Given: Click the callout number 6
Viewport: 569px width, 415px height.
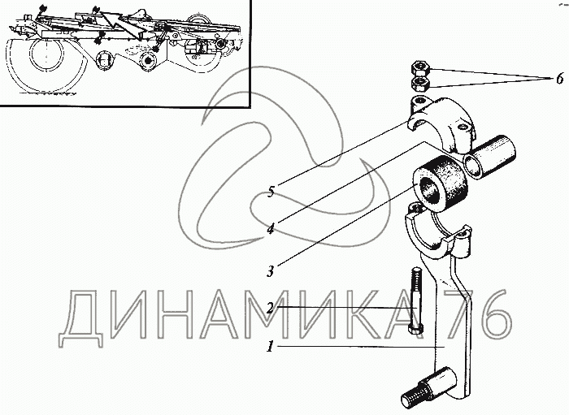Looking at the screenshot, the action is coord(559,78).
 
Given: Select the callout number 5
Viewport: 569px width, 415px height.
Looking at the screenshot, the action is coord(271,191).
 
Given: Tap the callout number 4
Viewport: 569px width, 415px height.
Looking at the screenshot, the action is coord(271,229).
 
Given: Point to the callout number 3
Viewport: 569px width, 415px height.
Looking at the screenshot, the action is coord(271,271).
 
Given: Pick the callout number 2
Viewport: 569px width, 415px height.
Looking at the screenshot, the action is coord(270,308).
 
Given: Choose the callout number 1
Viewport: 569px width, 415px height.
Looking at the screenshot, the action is coord(270,347).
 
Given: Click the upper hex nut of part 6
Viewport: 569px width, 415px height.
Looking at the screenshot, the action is coord(420,68).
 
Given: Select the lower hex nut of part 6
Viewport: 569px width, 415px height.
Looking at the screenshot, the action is coord(420,84).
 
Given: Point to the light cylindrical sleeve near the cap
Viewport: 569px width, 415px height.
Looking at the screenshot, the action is coord(489,155).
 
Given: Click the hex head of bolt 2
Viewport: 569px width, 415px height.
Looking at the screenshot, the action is coord(415,330).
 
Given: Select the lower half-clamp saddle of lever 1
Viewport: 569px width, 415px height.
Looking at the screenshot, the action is coord(437,232).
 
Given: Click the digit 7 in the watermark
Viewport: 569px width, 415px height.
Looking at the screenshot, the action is coord(459,313).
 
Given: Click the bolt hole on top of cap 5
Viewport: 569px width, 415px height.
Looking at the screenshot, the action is coord(419,99).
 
